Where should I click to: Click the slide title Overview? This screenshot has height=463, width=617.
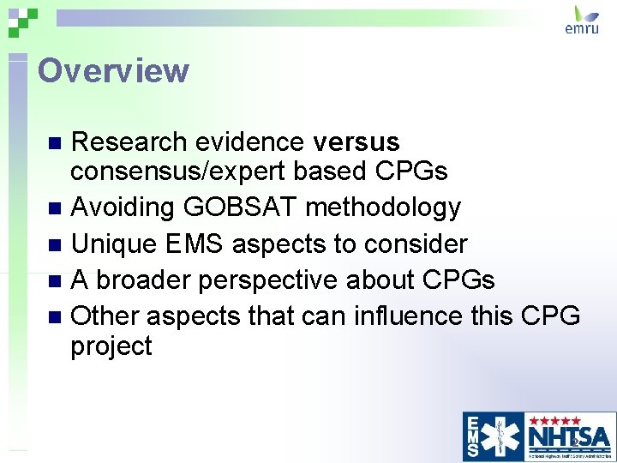[x=113, y=70]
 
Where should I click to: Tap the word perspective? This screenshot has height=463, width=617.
[x=275, y=280]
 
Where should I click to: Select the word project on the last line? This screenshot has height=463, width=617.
[x=111, y=347]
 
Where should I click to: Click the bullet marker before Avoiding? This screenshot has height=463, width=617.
[x=56, y=208]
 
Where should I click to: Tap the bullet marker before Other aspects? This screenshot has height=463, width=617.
[x=56, y=317]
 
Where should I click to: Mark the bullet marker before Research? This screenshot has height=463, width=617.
[x=56, y=142]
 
